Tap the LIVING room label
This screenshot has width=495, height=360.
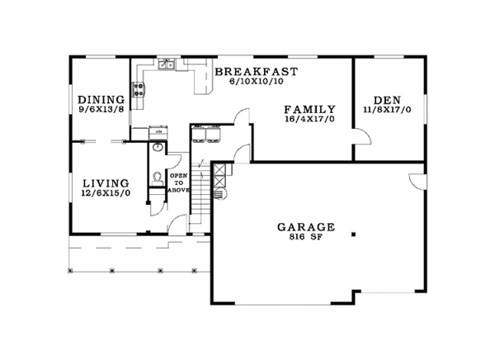coord(105,182)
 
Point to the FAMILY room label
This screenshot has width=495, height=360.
coord(310,109)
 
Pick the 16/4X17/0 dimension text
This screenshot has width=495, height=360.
coord(310,120)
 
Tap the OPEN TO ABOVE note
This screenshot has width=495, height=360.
coord(179,183)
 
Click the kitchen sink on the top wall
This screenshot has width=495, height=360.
coord(166,64)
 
